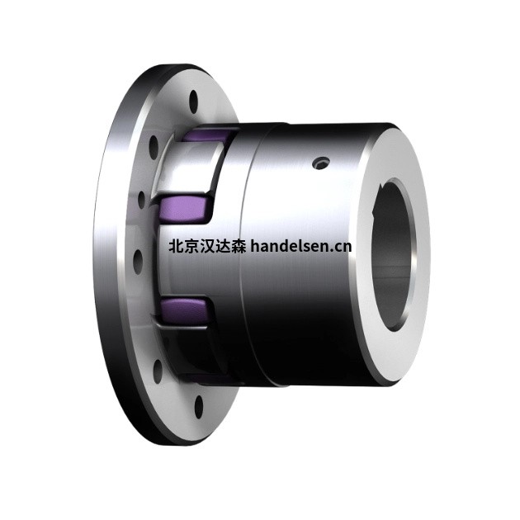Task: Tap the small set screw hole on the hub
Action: [x=318, y=167]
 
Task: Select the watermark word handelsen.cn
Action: [x=300, y=245]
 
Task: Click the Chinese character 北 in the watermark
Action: [x=175, y=245]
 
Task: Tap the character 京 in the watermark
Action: [x=191, y=245]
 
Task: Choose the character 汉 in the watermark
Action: [x=206, y=245]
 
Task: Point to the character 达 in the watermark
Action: [x=222, y=245]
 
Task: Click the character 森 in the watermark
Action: [x=238, y=245]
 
